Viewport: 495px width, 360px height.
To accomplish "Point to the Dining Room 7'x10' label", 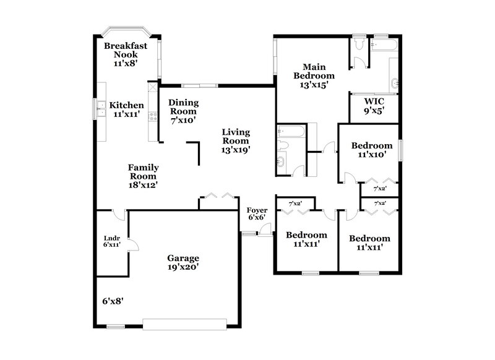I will [184, 111].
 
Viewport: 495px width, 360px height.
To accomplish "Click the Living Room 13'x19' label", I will [236, 140].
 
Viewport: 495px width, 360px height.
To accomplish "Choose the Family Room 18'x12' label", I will [143, 176].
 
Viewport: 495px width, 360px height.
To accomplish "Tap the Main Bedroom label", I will [318, 75].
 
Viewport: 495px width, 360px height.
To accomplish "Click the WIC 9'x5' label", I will [374, 107].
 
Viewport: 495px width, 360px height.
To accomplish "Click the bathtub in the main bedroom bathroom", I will [384, 45].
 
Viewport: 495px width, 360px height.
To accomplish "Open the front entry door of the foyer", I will [265, 230].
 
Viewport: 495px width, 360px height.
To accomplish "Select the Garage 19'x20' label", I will [183, 262].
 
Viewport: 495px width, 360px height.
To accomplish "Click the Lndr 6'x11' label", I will [111, 241].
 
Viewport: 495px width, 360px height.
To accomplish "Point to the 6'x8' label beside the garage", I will [113, 301].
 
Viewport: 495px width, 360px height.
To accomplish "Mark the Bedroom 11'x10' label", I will [372, 150].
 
